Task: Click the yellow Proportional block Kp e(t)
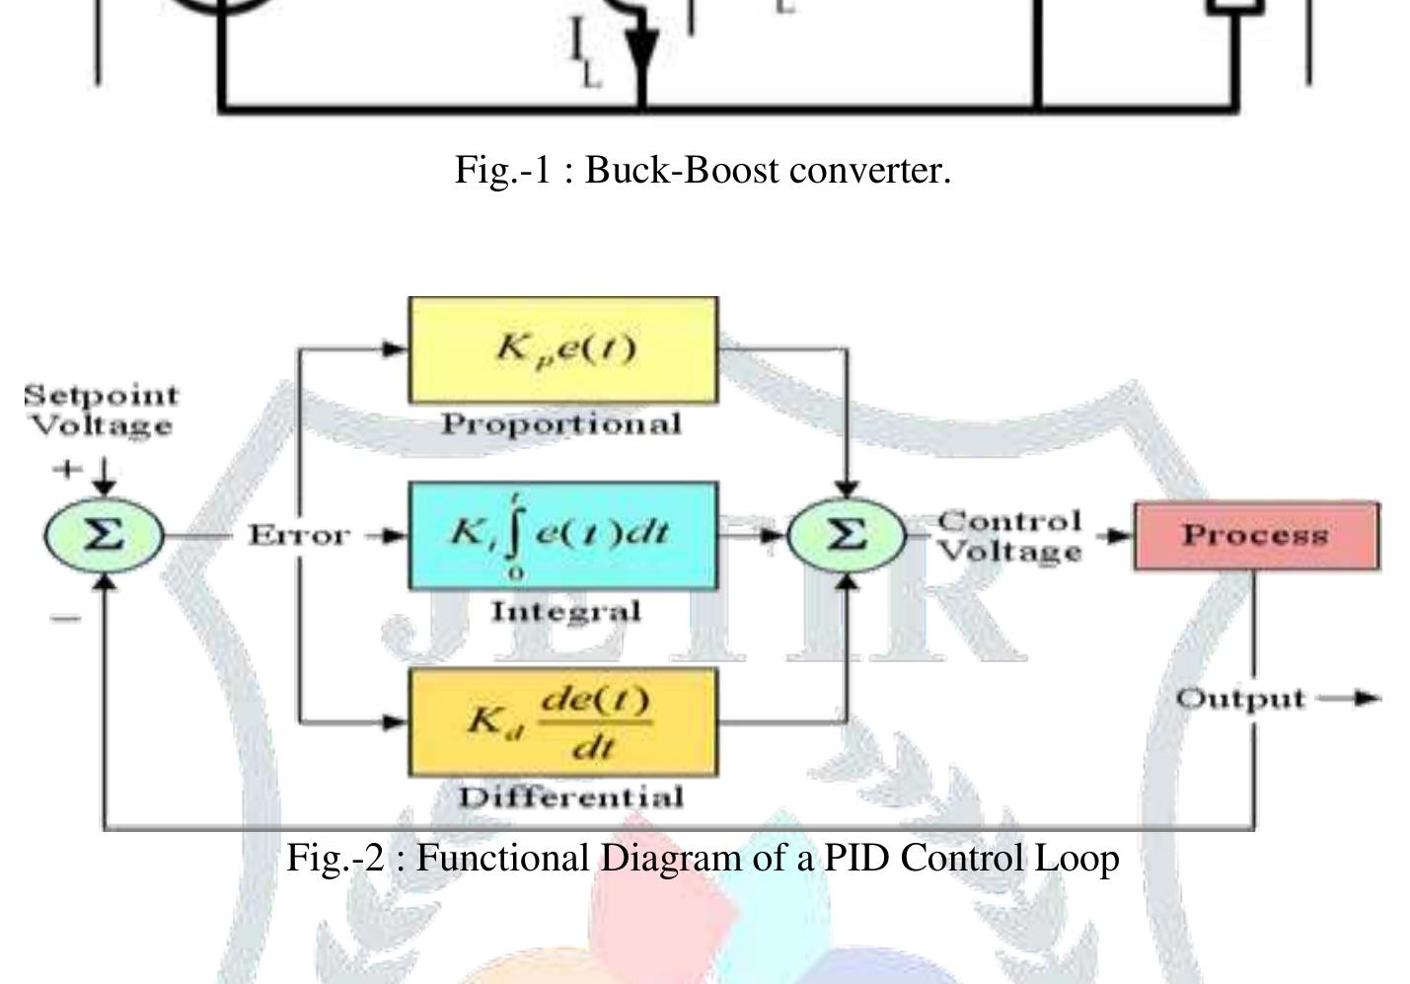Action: coord(563,349)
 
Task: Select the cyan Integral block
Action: coord(563,535)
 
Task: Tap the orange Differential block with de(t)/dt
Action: coord(563,721)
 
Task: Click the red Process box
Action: coord(1255,536)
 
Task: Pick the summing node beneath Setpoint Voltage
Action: coord(104,536)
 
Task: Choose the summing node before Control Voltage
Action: coord(846,536)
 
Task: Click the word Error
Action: coord(299,536)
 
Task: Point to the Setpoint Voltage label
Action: coord(102,411)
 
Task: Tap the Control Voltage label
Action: coord(1009,536)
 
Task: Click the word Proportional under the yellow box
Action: coord(561,424)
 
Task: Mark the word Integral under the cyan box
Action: coord(566,612)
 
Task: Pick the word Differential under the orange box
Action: coord(570,797)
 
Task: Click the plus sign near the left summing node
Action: coord(66,469)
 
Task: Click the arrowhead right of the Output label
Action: coord(1367,699)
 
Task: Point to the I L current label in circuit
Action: coord(584,54)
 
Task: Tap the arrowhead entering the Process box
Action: coord(1120,536)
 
